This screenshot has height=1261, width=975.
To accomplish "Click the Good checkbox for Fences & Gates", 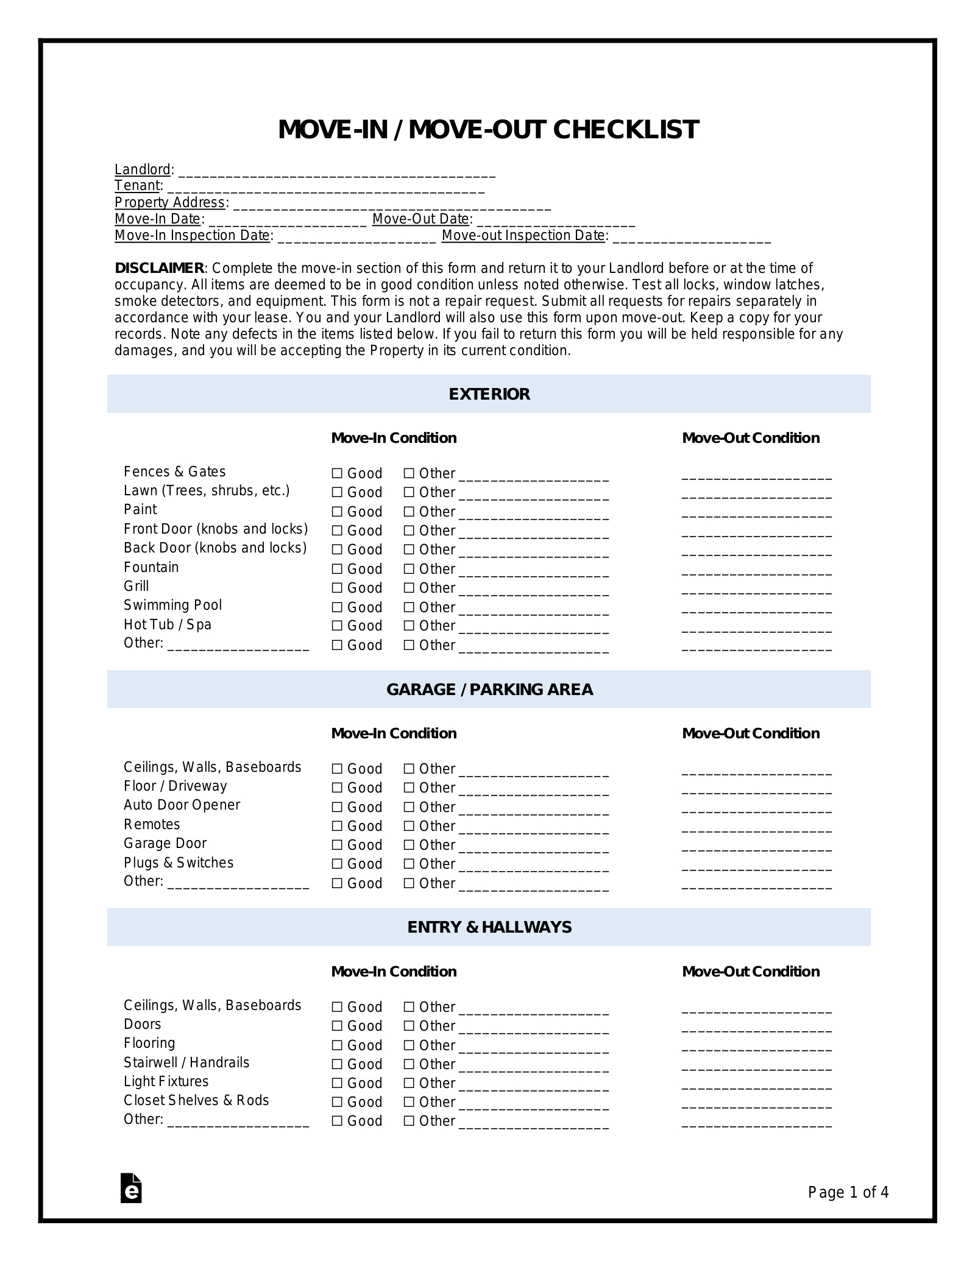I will pos(337,473).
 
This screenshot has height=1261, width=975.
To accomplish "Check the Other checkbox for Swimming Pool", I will pos(409,607).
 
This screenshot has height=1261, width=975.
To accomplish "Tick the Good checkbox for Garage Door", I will pos(337,845).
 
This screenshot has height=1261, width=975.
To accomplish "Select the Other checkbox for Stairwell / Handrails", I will pos(409,1064).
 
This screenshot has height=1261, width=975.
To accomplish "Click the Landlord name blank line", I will pos(337,171).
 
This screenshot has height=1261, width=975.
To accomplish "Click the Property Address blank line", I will pos(391,204).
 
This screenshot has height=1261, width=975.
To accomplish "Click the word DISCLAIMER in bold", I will pos(159,268).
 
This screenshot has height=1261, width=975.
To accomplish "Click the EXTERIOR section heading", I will pos(489,394).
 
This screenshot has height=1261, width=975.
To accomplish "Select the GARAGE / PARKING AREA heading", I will pos(489,690).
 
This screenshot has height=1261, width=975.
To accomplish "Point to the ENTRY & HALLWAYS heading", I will pos(489,927).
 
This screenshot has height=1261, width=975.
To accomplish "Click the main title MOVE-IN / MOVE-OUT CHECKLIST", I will pos(488,130).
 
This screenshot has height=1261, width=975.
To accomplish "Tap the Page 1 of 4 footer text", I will pos(848,1192).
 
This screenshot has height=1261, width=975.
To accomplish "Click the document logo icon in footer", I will pos(131,1188).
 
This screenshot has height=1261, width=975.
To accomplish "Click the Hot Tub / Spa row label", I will pos(168,624).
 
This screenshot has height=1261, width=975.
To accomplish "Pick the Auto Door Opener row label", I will pos(182,805).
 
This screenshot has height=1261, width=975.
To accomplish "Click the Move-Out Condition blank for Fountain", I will pos(756,571).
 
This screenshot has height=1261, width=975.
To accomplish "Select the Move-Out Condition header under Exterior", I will pos(750,438).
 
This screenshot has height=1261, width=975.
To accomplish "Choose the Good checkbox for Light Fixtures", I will pos(337,1083).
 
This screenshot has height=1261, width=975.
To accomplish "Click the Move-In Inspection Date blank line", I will pos(356,237).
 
